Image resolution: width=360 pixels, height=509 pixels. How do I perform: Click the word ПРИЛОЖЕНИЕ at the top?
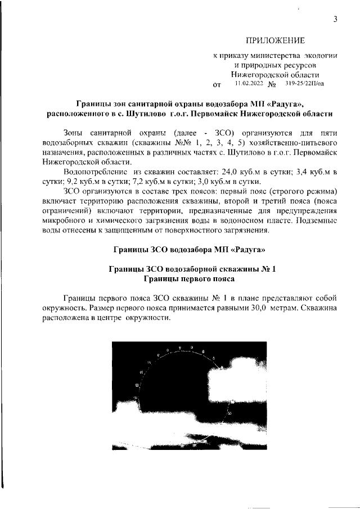pyautogui.click(x=274, y=40)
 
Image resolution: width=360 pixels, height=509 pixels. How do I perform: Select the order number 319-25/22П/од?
pyautogui.click(x=304, y=84)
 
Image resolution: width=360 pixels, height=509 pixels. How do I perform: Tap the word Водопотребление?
pyautogui.click(x=96, y=171)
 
